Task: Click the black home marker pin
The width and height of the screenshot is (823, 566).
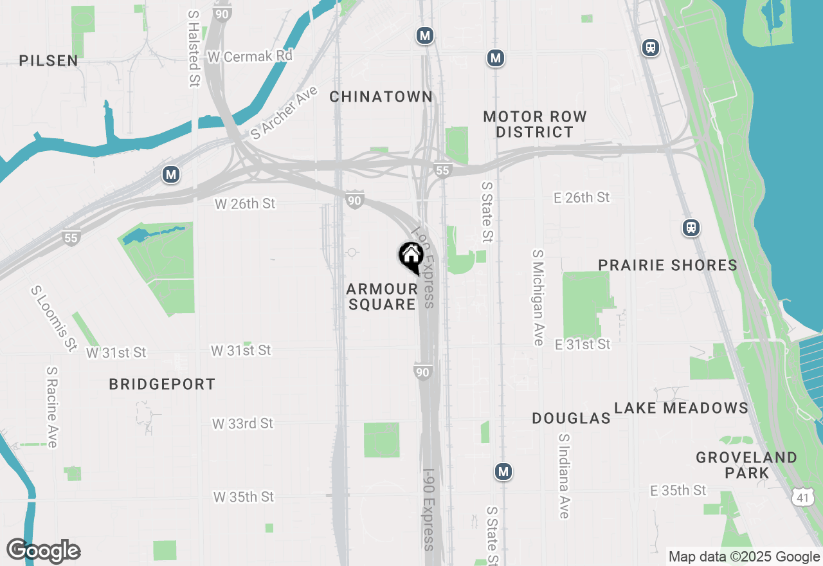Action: click(410, 257)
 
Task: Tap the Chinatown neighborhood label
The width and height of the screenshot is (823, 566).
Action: click(381, 97)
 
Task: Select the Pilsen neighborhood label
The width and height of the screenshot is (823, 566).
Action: click(49, 61)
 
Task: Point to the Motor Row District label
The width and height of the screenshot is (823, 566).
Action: click(535, 124)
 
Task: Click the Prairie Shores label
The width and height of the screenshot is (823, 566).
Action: click(667, 265)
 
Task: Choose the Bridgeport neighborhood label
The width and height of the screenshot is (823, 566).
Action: click(162, 385)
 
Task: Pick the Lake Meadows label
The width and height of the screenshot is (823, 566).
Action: click(681, 408)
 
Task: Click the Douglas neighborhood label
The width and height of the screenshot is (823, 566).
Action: click(571, 419)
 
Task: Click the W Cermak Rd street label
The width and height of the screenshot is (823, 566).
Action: click(250, 57)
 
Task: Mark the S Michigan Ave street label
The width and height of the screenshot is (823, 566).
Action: click(538, 298)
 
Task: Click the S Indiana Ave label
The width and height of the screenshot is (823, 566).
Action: click(564, 476)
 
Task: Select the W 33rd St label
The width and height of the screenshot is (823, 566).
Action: click(242, 424)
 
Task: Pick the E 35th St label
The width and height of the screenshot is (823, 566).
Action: click(678, 491)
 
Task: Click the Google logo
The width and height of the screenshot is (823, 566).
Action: click(43, 551)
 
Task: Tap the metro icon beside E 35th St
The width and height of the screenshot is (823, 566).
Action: click(503, 471)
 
